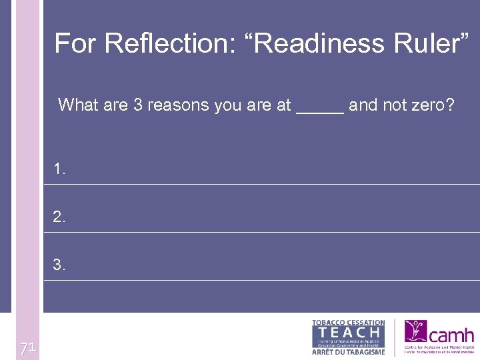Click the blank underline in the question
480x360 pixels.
pyautogui.click(x=320, y=111)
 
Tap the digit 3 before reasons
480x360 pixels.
pyautogui.click(x=138, y=105)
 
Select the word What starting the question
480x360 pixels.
pyautogui.click(x=77, y=105)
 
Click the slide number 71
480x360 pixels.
pyautogui.click(x=27, y=348)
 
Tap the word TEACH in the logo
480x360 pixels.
pyautogui.click(x=349, y=332)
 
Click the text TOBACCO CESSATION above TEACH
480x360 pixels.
pyautogui.click(x=349, y=323)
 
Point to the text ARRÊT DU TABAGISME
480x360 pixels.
pyautogui.click(x=349, y=351)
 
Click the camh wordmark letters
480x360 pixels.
pyautogui.click(x=452, y=335)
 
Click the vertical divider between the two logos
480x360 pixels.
pyautogui.click(x=395, y=337)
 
